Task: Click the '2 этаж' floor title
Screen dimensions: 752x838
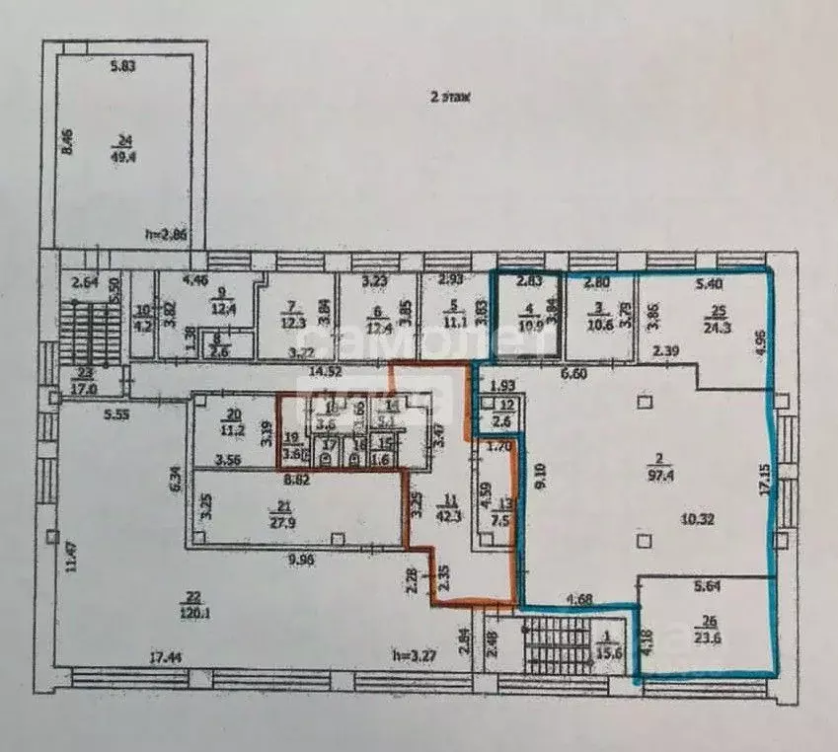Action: click(449, 97)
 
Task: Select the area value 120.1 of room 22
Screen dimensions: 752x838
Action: click(193, 609)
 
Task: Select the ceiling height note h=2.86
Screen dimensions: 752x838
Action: click(164, 235)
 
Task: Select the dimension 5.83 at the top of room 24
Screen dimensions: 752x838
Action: click(123, 66)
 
